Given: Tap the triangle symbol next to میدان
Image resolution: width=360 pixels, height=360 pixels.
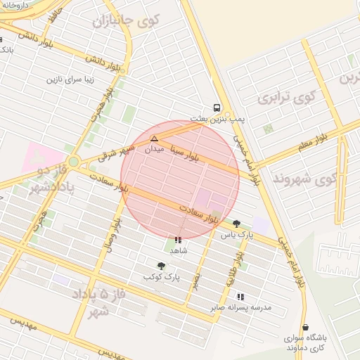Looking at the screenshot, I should point(154,139).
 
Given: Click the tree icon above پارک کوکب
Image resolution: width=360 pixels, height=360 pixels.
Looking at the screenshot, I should point(162,266).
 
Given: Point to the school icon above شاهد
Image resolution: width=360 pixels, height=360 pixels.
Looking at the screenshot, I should point(177,240).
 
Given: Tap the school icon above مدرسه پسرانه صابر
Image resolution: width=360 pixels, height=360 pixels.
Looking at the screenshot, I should point(240,297).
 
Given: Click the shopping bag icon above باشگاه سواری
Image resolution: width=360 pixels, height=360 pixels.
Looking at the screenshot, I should point(305,328).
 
